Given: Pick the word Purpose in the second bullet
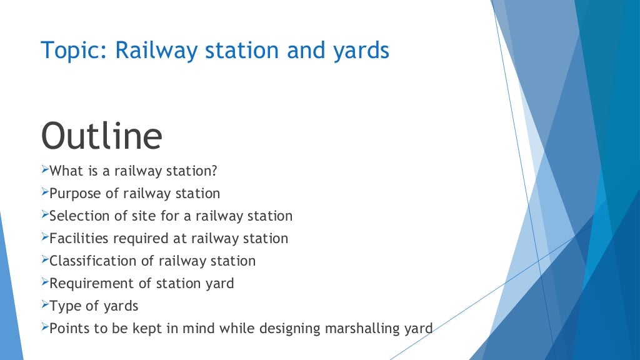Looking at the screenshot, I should click(x=74, y=194).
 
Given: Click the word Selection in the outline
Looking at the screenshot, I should click(x=77, y=216).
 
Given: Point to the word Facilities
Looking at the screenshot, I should click(x=76, y=238).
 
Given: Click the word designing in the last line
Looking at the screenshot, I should click(x=297, y=328).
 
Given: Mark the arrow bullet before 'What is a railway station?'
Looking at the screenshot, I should click(x=44, y=170).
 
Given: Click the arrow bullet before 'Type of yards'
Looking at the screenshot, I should click(x=44, y=305).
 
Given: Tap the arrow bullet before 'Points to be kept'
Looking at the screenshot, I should click(x=44, y=327).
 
